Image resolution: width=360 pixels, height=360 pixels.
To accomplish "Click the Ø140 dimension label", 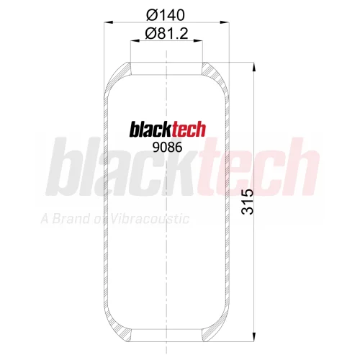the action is point(166,15).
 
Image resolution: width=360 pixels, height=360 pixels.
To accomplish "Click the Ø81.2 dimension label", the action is point(166,34).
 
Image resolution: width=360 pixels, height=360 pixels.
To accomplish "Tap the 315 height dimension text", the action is point(248,202).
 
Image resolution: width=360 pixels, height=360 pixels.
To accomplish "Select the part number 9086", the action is point(168,147).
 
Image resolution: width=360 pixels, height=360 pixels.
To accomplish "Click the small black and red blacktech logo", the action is point(168,129).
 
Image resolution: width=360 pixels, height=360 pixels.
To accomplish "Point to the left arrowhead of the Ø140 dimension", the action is point(109,22).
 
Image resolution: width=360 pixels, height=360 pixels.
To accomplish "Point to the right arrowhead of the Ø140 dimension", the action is point(225,22).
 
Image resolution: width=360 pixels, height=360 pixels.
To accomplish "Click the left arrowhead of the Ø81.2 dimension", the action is point(135,41).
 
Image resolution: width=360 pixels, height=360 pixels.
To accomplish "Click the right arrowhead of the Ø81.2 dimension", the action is point(198,41).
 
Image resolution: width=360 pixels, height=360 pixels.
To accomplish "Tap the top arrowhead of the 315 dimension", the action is point(254,67).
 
